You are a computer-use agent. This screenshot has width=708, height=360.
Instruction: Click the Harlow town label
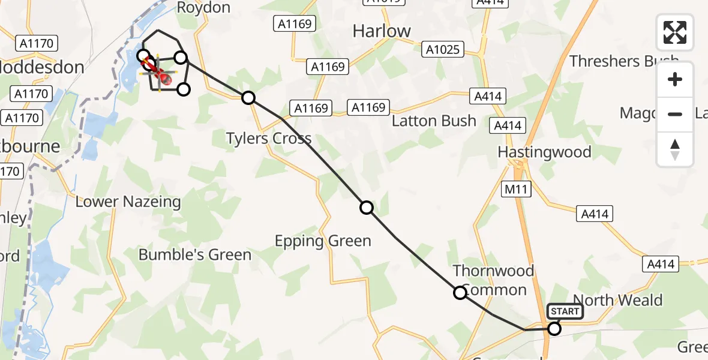pyautogui.click(x=382, y=31)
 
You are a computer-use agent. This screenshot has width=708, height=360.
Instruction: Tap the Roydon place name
pyautogui.click(x=203, y=7)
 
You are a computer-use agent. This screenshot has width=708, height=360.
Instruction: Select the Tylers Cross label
pyautogui.click(x=268, y=139)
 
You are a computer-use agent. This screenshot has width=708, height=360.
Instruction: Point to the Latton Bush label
pyautogui.click(x=434, y=121)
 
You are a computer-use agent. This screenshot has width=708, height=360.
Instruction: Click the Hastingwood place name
pyautogui.click(x=544, y=152)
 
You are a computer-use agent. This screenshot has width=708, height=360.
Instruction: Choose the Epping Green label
pyautogui.click(x=323, y=241)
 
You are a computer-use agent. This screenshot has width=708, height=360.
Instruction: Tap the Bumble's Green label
pyautogui.click(x=194, y=254)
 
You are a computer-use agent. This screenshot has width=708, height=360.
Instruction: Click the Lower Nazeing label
pyautogui.click(x=128, y=202)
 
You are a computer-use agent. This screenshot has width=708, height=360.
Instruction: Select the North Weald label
pyautogui.click(x=618, y=300)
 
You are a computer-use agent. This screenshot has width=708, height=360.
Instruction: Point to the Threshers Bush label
pyautogui.click(x=624, y=61)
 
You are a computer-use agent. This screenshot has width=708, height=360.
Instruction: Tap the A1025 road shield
pyautogui.click(x=443, y=49)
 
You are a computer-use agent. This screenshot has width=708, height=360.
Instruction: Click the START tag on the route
pyautogui.click(x=565, y=311)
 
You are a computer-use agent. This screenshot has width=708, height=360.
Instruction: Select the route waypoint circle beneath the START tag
pyautogui.click(x=554, y=328)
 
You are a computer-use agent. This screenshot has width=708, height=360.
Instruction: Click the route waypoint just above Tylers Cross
pyautogui.click(x=248, y=98)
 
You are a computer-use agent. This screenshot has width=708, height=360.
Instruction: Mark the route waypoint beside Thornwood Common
pyautogui.click(x=460, y=293)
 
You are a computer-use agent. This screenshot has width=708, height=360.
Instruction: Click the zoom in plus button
pyautogui.click(x=675, y=79)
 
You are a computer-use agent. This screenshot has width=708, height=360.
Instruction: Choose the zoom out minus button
pyautogui.click(x=675, y=114)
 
